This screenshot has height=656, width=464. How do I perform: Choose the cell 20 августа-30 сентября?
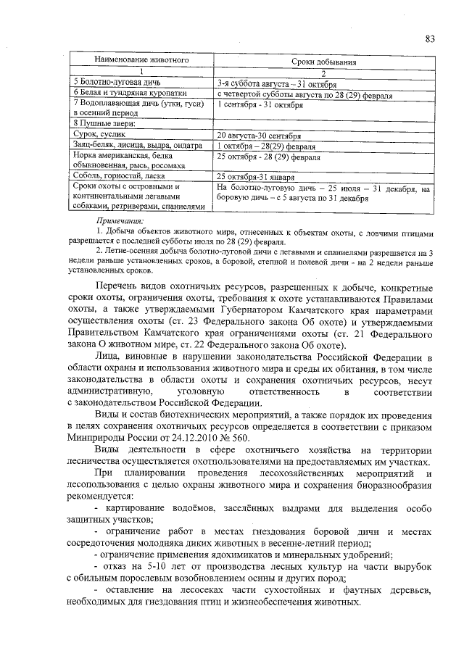(259, 136)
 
